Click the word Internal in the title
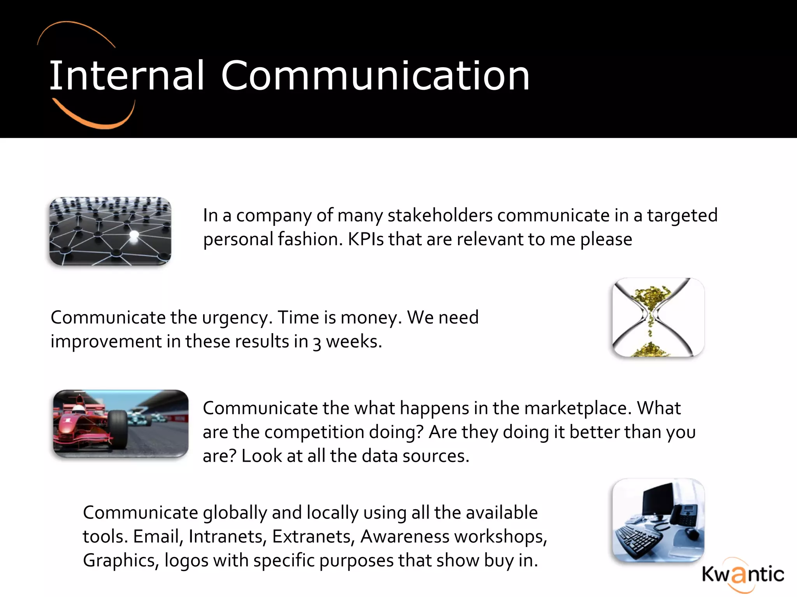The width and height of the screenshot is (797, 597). [x=126, y=76]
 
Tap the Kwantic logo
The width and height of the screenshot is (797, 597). [x=743, y=574]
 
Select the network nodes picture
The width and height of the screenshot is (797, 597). [x=110, y=231]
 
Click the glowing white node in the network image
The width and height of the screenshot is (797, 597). [x=133, y=235]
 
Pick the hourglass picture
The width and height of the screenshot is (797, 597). [x=658, y=318]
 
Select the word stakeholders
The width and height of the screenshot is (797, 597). [x=440, y=215]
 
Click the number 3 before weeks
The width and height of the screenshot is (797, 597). [x=317, y=342]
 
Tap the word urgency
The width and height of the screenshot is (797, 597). [x=235, y=318]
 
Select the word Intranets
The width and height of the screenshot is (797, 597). [x=227, y=537]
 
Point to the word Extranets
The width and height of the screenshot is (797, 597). [x=313, y=537]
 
